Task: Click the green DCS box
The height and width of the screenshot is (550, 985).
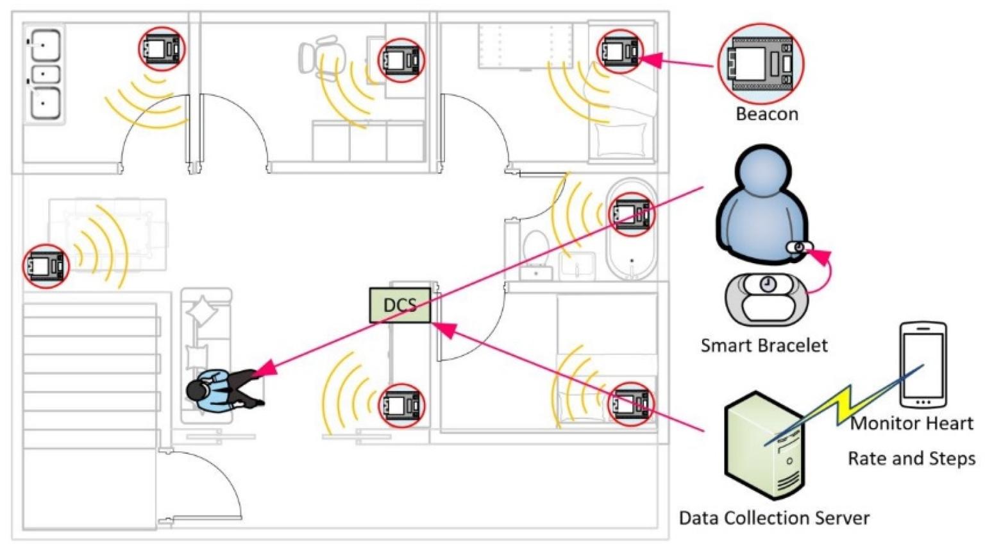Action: (x=400, y=305)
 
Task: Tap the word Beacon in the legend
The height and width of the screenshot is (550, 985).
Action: (x=766, y=114)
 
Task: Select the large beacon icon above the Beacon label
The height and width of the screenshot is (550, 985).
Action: (x=760, y=65)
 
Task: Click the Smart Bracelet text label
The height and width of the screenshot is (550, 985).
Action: (x=764, y=345)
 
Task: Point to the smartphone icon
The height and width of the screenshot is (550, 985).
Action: (x=923, y=365)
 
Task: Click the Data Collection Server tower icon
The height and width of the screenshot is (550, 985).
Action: (x=764, y=446)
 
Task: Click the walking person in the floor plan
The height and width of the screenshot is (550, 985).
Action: (x=224, y=390)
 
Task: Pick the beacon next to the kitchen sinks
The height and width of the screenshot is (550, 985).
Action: (x=162, y=49)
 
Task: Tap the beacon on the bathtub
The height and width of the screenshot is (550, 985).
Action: (x=632, y=213)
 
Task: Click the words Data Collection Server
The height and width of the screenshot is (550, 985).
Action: (x=774, y=518)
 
